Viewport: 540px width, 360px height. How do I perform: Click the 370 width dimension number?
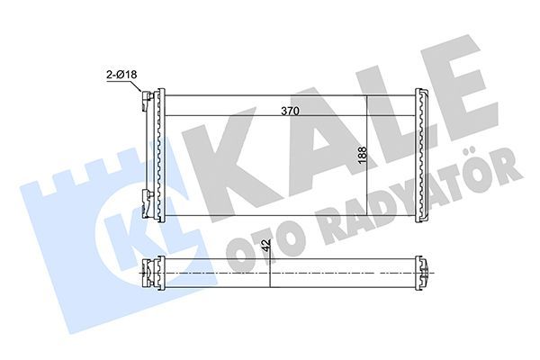click(290, 111)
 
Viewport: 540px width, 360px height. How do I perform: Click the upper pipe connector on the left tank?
click(145, 102)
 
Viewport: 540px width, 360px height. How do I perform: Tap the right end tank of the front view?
click(422, 156)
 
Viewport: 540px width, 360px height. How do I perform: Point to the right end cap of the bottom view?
click(422, 271)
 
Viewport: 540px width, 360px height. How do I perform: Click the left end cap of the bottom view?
click(155, 271)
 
